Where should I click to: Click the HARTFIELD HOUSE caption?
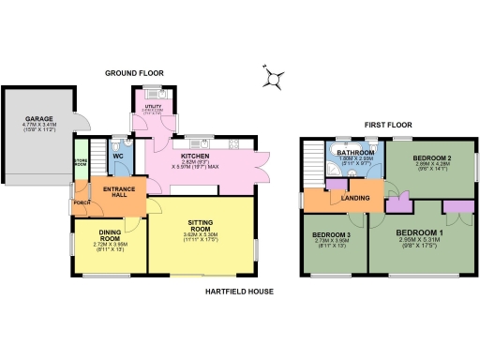coord(239,292)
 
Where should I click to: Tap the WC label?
coord(119,156)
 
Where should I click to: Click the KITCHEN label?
coord(194,156)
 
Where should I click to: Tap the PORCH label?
coord(81,203)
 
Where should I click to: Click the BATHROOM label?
coord(356,152)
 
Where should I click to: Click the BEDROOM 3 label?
coord(331,234)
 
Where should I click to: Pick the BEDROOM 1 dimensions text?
coord(418,246)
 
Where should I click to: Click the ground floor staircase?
coord(99,156)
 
